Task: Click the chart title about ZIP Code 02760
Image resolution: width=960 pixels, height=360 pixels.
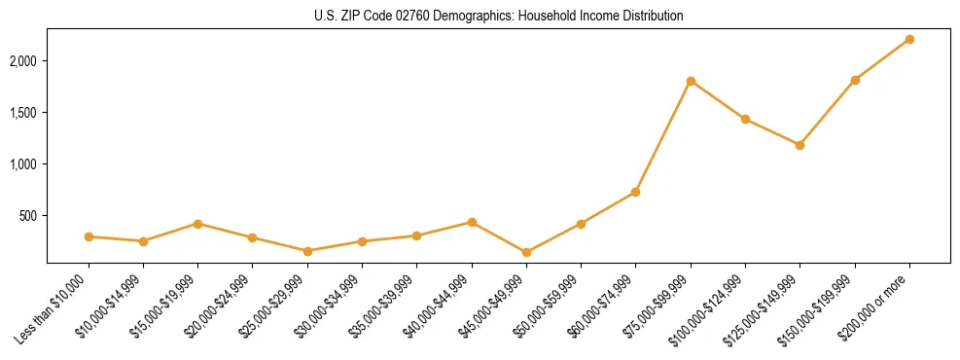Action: tap(499, 17)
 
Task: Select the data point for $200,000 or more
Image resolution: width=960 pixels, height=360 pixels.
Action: tap(909, 39)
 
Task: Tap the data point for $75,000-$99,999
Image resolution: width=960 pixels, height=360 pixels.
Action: tap(691, 81)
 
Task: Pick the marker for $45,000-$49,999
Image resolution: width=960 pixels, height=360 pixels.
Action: tap(526, 253)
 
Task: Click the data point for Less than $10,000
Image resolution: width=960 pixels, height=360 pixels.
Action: tap(89, 236)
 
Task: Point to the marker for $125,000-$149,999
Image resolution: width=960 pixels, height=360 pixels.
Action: tap(800, 145)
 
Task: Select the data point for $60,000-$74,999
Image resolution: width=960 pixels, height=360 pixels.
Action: tap(635, 192)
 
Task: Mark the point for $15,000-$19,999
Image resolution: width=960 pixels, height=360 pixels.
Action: tap(197, 224)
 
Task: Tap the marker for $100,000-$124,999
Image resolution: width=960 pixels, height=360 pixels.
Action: tap(745, 119)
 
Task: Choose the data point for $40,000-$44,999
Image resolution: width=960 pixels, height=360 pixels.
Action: tap(472, 222)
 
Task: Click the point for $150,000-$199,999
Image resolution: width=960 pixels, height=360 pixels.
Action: tap(855, 80)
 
